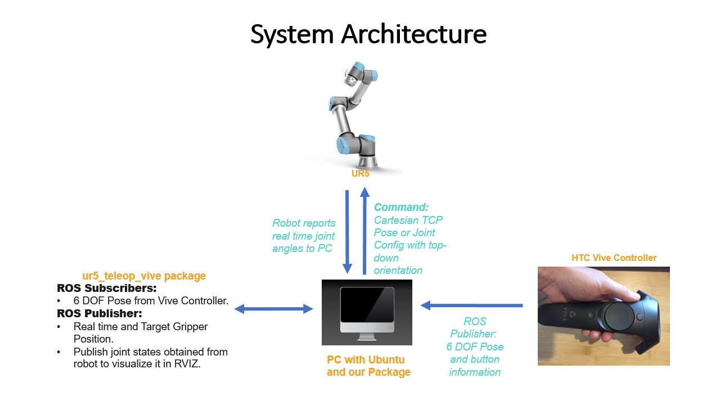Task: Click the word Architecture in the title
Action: [414, 34]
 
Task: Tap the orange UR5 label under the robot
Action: [361, 173]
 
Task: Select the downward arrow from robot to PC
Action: [347, 231]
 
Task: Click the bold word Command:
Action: [401, 207]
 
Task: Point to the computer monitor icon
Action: [367, 312]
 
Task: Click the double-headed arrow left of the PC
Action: [273, 308]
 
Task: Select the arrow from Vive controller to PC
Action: [472, 305]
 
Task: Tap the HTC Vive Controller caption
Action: [614, 258]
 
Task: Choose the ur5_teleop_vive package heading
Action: [144, 276]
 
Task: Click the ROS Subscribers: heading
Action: [106, 288]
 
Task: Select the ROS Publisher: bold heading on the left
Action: [100, 313]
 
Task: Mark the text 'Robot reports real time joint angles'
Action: [304, 235]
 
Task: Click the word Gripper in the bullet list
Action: [189, 326]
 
